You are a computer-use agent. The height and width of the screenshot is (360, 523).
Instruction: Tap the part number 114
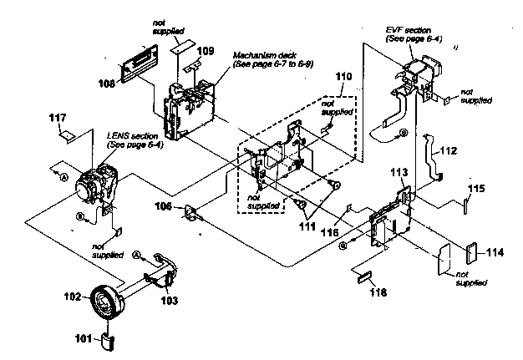[x=495, y=251]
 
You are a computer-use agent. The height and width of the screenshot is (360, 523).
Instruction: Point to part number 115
[x=475, y=189]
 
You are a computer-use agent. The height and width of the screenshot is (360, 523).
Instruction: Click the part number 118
[x=380, y=294]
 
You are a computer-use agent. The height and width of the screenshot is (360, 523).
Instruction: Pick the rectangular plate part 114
[x=470, y=251]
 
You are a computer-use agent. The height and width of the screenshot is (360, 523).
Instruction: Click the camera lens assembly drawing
[x=97, y=186]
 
